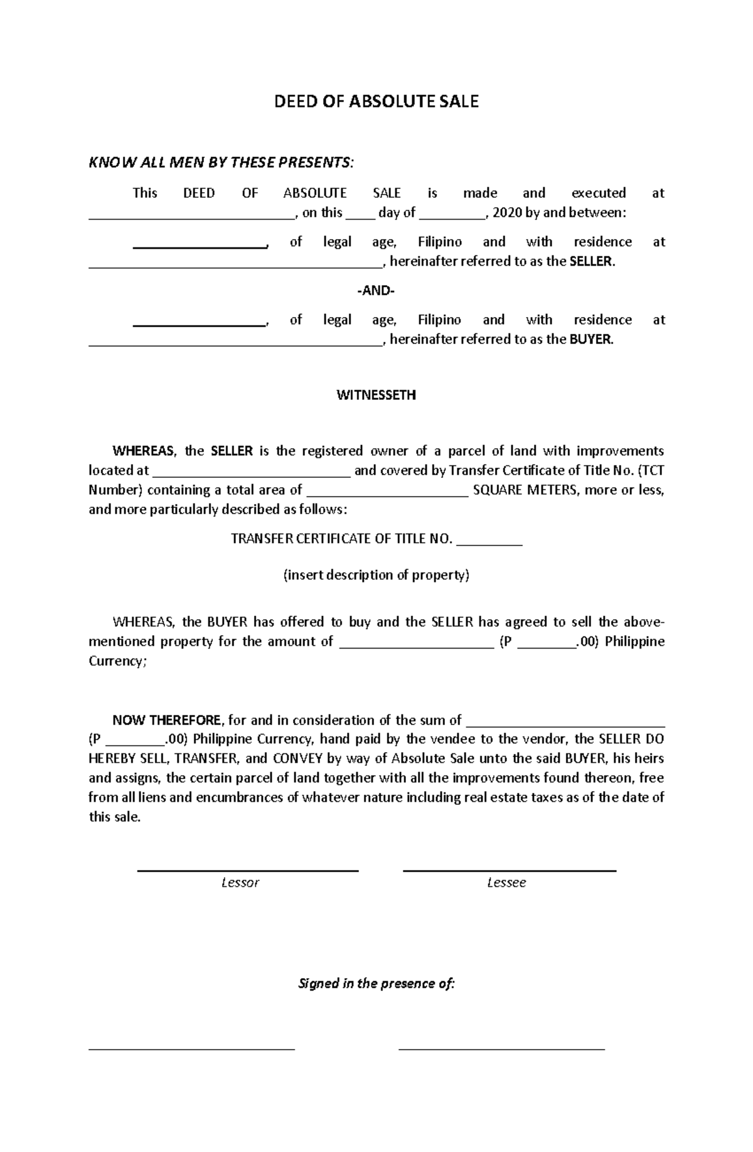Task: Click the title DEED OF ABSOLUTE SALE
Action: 376,102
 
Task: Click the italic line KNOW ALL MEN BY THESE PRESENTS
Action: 221,163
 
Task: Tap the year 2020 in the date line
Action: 508,213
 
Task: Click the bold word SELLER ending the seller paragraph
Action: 591,262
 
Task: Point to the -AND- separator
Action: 376,291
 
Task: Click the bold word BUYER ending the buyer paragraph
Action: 590,340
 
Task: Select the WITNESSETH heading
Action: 376,396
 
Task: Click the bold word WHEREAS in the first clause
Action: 144,451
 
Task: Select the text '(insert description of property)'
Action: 376,575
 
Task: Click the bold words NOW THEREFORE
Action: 166,720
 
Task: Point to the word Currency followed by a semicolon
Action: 117,662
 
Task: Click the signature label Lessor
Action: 240,883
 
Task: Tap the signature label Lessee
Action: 506,883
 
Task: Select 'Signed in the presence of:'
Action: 376,984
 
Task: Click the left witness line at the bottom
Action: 191,1048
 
